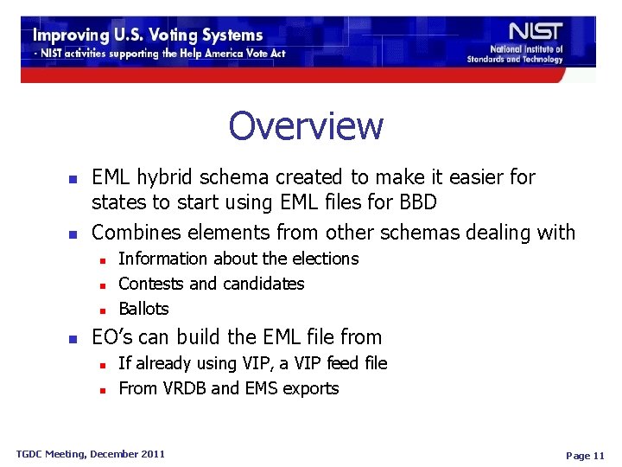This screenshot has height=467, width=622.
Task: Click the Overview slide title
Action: [306, 126]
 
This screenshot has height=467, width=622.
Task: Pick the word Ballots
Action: [143, 309]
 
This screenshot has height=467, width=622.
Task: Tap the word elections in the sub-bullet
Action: [321, 259]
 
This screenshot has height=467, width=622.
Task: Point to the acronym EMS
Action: [264, 388]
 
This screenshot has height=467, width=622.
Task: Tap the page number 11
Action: [598, 456]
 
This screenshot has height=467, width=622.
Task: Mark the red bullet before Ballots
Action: [102, 310]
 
